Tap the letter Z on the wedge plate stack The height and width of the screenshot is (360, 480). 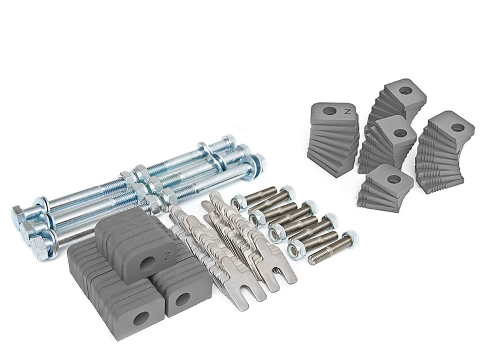click(x=348, y=112)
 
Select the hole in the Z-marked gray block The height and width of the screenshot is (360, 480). click(x=147, y=263)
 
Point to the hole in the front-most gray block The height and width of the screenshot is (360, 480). click(x=141, y=318)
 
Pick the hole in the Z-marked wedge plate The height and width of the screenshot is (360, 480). click(x=329, y=111)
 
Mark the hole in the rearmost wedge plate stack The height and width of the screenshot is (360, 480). click(x=405, y=90)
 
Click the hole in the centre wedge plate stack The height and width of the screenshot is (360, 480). click(x=400, y=133)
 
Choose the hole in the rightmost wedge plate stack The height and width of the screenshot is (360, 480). click(x=457, y=128)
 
